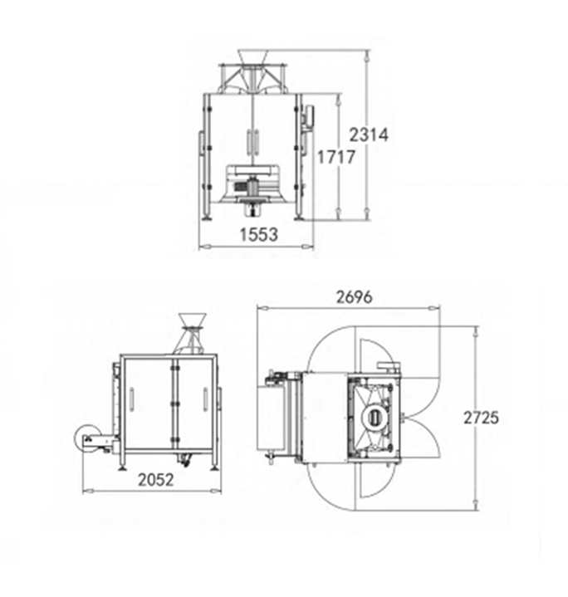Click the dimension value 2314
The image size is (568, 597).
369,135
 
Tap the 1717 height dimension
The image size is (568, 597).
336,157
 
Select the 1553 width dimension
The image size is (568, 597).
259,234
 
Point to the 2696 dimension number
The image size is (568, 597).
354,297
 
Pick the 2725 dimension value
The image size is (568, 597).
481,418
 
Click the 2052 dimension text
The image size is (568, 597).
156,480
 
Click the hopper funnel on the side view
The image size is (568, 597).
193,321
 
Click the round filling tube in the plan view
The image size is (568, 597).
375,418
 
